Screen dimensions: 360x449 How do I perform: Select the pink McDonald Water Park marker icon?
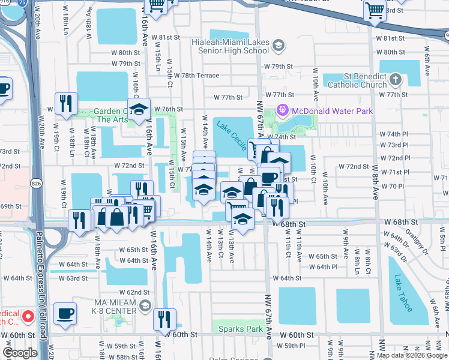click(282, 111)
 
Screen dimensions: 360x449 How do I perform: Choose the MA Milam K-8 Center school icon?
click(145, 307)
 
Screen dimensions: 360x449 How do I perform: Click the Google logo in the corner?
click(20, 353)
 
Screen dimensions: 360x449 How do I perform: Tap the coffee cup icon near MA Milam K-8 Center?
click(65, 314)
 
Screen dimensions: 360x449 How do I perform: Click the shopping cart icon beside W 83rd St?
click(375, 10)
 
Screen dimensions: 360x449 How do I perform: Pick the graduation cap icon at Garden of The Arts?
click(139, 110)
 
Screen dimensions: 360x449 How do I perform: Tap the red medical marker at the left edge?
click(27, 316)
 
